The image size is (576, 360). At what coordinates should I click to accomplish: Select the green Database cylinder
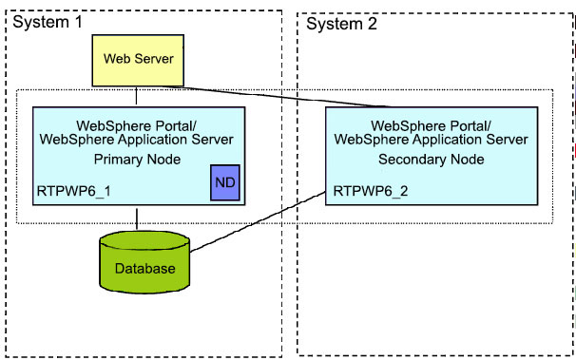(144, 261)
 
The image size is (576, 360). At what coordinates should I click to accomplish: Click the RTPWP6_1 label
(73, 190)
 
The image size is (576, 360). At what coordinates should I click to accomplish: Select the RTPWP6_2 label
(370, 190)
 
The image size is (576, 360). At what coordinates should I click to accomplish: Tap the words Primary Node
(144, 159)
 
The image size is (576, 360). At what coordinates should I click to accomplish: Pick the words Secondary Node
(431, 159)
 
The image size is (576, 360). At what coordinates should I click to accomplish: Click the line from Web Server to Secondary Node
(285, 96)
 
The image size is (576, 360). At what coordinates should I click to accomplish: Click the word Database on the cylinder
(144, 269)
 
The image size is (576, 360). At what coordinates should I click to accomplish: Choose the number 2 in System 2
(373, 23)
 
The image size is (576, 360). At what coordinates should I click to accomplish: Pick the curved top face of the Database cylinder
(144, 239)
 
